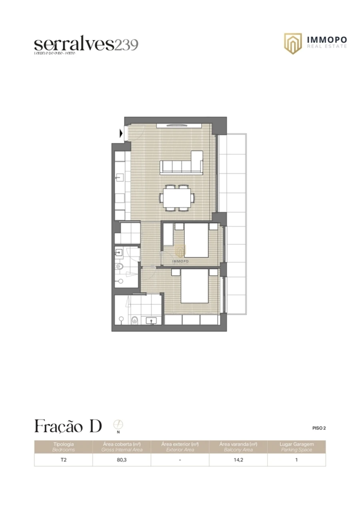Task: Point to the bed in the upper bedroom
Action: tap(191, 240)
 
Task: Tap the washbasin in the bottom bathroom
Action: tap(152, 321)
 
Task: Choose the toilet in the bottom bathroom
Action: tap(134, 320)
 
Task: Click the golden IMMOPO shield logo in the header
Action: tap(292, 43)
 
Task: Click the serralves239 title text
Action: tap(86, 44)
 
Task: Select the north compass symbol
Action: tap(118, 425)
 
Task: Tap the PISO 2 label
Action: tap(319, 428)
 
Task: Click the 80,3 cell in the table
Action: tap(122, 460)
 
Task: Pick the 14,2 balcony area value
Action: tap(238, 460)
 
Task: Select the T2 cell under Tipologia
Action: tap(63, 460)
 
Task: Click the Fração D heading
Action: tap(68, 426)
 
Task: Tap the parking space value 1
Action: tap(296, 460)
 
